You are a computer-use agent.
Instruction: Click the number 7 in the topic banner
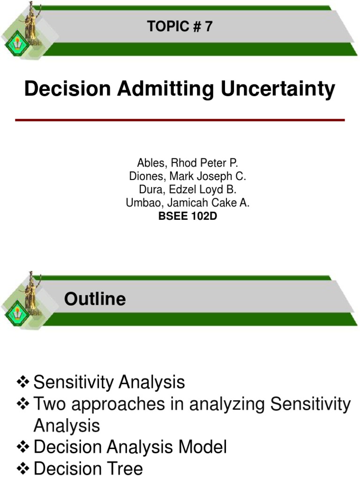pos(208,27)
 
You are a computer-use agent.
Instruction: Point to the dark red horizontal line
pos(180,120)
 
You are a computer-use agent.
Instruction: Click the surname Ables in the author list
pos(149,163)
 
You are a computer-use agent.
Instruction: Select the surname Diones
pos(143,177)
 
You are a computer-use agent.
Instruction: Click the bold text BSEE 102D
pos(187,217)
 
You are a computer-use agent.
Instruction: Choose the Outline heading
pos(95,299)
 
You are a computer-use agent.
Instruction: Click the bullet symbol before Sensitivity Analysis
pos(23,382)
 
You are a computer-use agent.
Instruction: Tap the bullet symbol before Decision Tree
pos(23,468)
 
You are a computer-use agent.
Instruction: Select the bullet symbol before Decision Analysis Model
pos(23,447)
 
